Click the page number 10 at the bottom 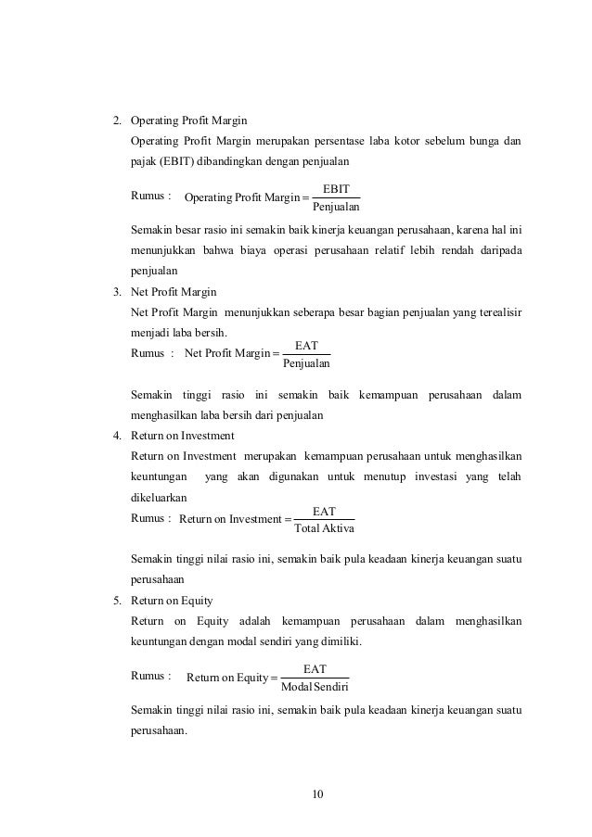point(320,794)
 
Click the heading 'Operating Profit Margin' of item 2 point(188,120)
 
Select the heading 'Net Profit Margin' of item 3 point(174,291)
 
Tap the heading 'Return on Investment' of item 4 point(183,435)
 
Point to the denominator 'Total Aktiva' point(323,528)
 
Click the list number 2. point(116,120)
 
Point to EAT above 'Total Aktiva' point(324,511)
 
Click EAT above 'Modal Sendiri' point(315,668)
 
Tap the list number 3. point(116,291)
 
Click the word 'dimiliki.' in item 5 point(339,640)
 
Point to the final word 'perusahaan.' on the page point(160,730)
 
